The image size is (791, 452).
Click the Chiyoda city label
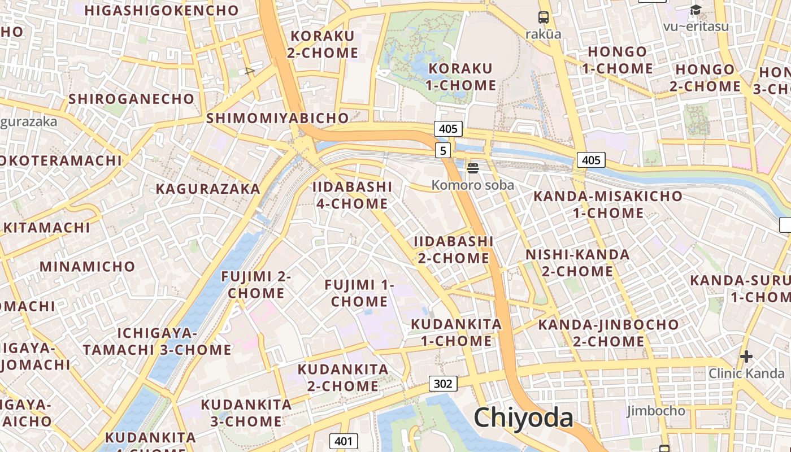click(523, 418)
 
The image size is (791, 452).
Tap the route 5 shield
click(444, 150)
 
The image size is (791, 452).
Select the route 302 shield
click(443, 384)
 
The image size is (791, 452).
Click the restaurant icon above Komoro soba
click(473, 168)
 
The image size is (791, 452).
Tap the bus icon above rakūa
click(544, 18)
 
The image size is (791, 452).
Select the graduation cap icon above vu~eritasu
click(696, 10)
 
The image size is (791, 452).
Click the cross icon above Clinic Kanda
click(746, 357)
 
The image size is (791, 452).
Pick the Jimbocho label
click(656, 411)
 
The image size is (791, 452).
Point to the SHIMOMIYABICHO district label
click(277, 118)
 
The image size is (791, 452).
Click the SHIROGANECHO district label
click(131, 99)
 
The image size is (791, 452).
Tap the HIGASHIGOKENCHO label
click(162, 10)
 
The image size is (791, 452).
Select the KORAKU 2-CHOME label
click(323, 45)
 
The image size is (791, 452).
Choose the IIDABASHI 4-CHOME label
click(352, 195)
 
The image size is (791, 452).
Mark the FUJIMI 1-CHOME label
click(359, 293)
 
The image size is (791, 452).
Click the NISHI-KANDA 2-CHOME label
click(577, 263)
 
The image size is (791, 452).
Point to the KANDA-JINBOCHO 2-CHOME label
click(608, 333)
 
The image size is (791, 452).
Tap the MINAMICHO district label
click(88, 266)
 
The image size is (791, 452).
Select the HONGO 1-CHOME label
click(618, 60)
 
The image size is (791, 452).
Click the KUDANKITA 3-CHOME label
click(246, 413)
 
